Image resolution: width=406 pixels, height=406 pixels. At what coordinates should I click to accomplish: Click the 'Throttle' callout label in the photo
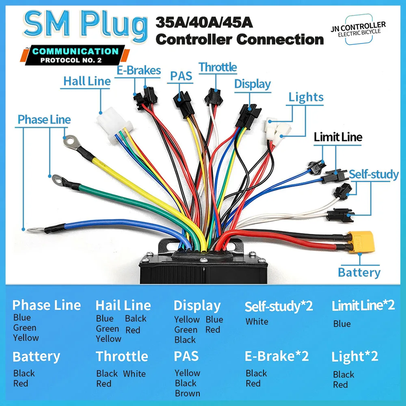click(218, 67)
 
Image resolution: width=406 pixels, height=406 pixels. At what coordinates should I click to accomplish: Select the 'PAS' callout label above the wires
click(181, 76)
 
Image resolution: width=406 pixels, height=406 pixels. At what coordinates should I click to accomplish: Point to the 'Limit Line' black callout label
click(338, 137)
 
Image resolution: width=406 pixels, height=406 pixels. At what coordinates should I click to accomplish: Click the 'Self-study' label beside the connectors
click(374, 175)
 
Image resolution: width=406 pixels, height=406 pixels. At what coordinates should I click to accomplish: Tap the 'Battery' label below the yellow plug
click(359, 272)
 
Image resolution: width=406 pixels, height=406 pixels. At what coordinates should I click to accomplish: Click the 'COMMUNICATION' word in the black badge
click(75, 52)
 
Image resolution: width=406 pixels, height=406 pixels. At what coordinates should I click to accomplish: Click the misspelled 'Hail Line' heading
click(123, 305)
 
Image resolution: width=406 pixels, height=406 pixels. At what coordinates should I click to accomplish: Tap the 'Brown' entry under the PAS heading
click(187, 393)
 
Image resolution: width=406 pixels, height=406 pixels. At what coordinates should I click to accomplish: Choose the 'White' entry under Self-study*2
click(257, 322)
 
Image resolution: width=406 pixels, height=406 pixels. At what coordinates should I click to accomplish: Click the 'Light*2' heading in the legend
click(354, 356)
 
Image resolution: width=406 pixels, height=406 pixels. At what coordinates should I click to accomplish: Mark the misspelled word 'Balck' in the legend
click(136, 318)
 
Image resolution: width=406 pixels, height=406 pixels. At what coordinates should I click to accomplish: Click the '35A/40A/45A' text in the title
click(204, 22)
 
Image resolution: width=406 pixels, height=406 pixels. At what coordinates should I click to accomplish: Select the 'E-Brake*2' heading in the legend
click(276, 356)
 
